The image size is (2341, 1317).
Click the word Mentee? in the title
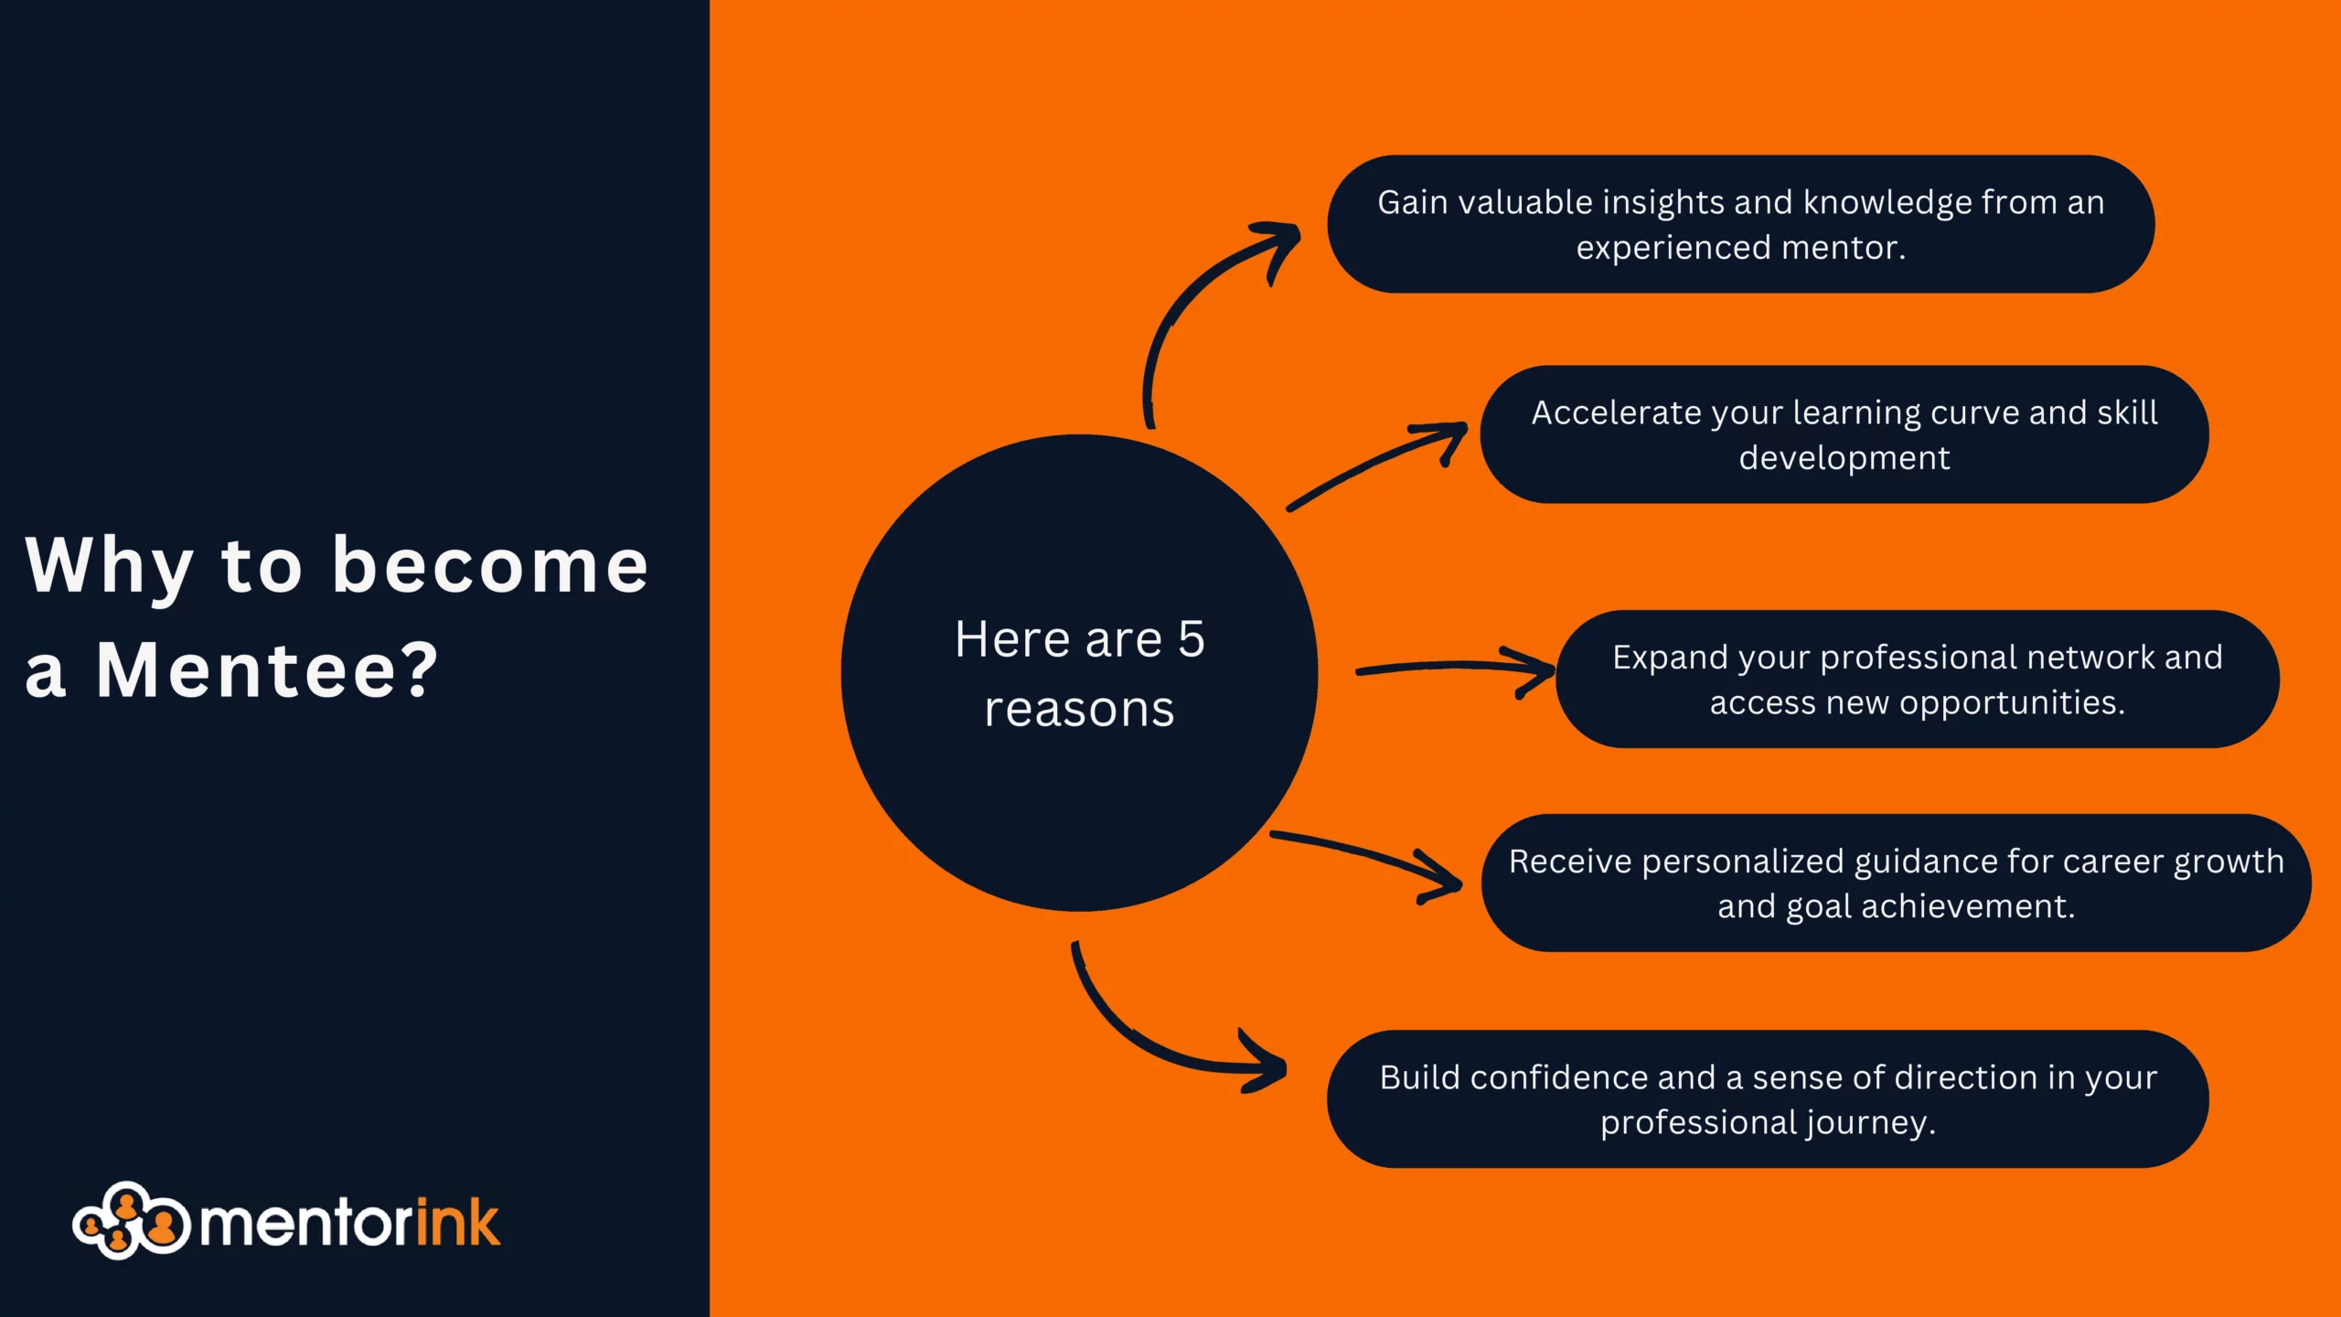tap(267, 670)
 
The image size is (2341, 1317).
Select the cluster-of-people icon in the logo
tap(131, 1220)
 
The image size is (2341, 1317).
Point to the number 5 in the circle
tap(1192, 638)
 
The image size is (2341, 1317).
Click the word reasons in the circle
tap(1079, 709)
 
